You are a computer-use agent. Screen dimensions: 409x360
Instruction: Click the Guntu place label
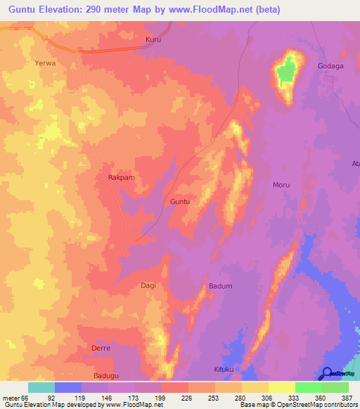coord(180,202)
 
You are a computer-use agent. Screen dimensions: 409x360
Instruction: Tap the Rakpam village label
coord(121,178)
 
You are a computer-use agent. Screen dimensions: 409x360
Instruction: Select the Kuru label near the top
coord(153,40)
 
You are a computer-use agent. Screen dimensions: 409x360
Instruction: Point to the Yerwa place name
coord(44,63)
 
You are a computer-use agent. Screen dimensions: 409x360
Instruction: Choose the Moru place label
coord(281,185)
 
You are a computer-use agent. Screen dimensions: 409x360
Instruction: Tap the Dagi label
coord(148,285)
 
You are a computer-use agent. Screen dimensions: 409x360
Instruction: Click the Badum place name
coord(220,286)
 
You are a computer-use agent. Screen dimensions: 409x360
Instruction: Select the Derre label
coord(101,349)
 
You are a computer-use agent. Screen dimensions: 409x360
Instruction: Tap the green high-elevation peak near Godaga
coord(285,72)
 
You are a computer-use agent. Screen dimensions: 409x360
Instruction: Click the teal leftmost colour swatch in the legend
coord(41,387)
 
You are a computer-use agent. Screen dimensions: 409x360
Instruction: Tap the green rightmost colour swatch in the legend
coord(335,387)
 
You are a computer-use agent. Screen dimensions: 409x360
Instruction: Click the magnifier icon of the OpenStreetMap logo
coord(327,373)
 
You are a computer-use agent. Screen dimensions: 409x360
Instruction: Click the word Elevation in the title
coord(63,9)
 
